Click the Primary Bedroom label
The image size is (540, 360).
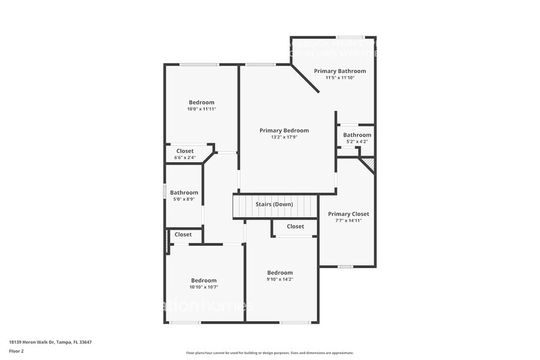click(284, 130)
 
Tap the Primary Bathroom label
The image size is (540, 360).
click(340, 71)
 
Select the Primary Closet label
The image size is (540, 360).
click(348, 214)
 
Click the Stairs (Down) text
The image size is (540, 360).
click(274, 204)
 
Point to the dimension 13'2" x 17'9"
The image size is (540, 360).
click(284, 137)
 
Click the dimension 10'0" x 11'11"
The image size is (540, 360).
click(201, 109)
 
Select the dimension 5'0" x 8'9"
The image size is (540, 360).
click(184, 199)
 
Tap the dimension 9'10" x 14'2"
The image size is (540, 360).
click(280, 279)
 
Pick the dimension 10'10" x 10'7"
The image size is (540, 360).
click(203, 287)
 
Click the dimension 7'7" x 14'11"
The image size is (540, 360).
click(348, 220)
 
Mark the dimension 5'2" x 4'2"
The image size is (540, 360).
click(357, 141)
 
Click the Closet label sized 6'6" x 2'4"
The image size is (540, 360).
click(185, 151)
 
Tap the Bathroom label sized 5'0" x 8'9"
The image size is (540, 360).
click(184, 192)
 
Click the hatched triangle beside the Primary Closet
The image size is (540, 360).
click(368, 164)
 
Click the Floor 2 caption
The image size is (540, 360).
click(17, 351)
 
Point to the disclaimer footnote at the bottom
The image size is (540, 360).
click(269, 353)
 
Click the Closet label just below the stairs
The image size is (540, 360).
click(295, 227)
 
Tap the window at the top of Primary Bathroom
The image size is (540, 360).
click(350, 37)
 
